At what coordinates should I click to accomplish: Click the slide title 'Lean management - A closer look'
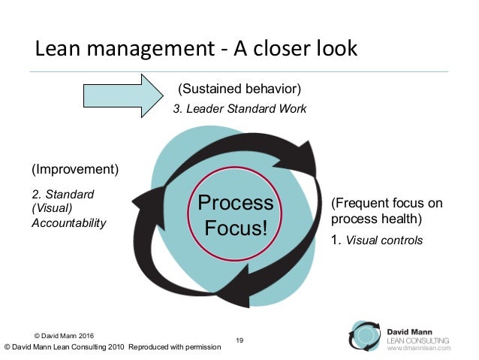pos(197,49)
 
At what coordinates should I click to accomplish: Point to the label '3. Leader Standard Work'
pos(239,108)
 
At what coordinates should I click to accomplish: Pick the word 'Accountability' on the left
pos(68,222)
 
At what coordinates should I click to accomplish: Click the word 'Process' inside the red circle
pos(235,203)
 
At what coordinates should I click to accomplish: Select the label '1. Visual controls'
pos(377,241)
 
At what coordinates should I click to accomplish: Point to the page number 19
pos(239,341)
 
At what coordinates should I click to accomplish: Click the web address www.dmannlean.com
pos(418,349)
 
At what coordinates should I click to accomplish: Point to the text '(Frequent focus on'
pos(386,204)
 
